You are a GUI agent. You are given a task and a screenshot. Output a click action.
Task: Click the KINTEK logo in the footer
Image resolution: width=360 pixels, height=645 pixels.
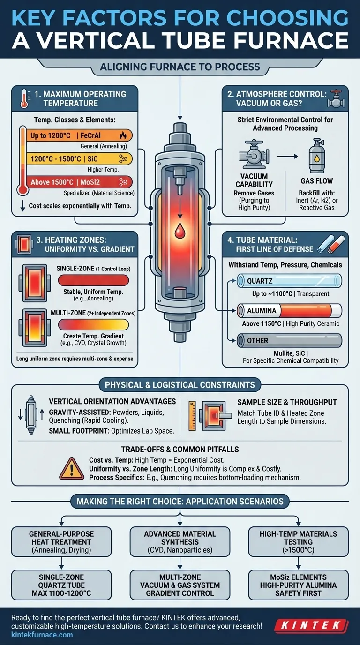[311, 625]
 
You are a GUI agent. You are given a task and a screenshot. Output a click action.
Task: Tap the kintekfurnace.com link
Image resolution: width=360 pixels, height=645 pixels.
[42, 635]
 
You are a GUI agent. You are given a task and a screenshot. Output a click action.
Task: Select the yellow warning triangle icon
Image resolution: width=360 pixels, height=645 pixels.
[72, 468]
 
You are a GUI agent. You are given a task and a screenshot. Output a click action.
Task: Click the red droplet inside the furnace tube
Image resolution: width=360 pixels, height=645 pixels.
[180, 230]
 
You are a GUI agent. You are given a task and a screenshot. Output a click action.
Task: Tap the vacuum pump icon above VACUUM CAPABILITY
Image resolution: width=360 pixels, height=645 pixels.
[254, 154]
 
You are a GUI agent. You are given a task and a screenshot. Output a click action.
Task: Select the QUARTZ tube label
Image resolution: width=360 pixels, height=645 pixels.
[289, 281]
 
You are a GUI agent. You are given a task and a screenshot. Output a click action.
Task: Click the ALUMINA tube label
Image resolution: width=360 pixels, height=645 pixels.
[289, 311]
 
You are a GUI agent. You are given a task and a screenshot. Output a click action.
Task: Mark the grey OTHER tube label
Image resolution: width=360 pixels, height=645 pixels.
[289, 341]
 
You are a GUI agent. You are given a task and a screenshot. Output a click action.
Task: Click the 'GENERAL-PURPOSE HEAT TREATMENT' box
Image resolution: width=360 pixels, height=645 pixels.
[61, 541]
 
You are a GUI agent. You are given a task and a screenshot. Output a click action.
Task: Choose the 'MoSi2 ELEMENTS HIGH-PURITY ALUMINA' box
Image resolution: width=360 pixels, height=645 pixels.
[299, 585]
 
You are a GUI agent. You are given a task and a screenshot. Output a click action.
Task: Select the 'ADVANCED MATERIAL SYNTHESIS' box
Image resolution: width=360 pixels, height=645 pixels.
[180, 541]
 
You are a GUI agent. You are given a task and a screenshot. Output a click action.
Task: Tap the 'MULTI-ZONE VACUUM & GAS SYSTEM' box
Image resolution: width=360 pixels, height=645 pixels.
[180, 585]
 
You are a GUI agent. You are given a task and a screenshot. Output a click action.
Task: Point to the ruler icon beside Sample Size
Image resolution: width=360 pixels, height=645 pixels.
[192, 416]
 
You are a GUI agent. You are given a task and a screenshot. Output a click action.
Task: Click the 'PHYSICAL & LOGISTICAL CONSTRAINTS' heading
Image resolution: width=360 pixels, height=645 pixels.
[180, 385]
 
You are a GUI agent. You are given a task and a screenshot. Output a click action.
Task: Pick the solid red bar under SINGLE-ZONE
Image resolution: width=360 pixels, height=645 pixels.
[93, 280]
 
